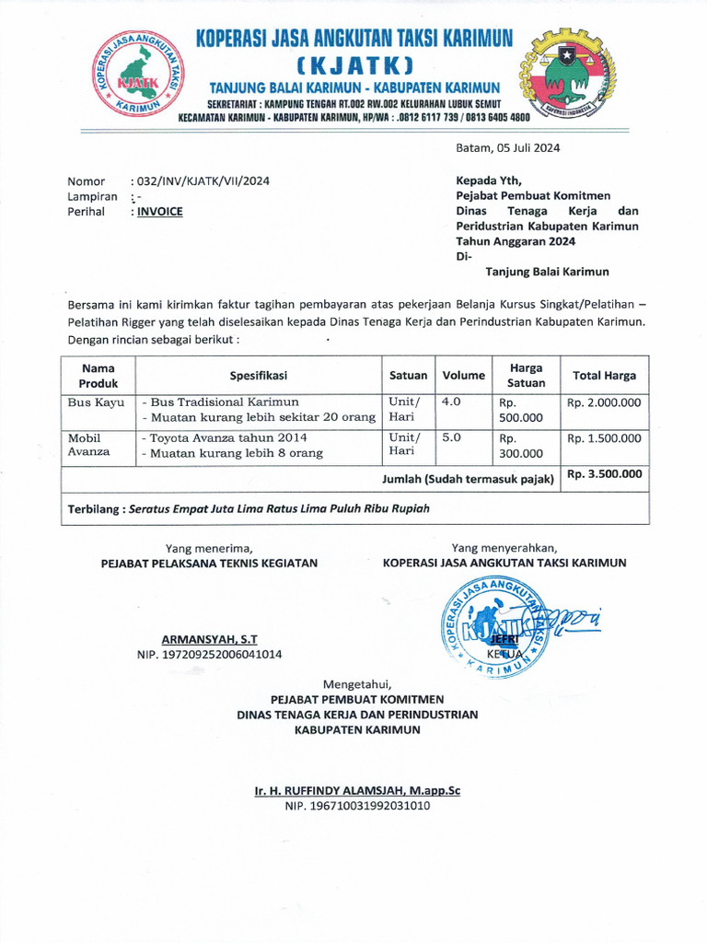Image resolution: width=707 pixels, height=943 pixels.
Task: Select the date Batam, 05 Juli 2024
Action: pos(507,148)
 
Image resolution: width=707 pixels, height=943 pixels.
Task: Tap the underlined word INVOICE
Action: pos(159,212)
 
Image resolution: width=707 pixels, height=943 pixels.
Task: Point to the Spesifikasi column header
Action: pos(259,375)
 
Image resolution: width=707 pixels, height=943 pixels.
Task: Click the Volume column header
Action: pos(463,375)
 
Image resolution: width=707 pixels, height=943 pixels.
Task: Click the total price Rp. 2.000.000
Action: pos(604,402)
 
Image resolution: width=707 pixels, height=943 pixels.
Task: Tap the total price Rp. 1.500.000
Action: pos(604,438)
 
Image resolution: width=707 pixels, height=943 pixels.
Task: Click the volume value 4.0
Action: pos(451,402)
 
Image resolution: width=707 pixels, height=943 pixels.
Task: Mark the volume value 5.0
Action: pos(451,437)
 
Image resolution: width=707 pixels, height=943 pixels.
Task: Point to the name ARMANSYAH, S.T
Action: pos(209,638)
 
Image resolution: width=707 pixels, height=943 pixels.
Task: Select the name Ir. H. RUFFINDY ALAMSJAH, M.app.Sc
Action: pos(357,790)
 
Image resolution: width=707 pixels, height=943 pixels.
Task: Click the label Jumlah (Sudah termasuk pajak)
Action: pos(468,479)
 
